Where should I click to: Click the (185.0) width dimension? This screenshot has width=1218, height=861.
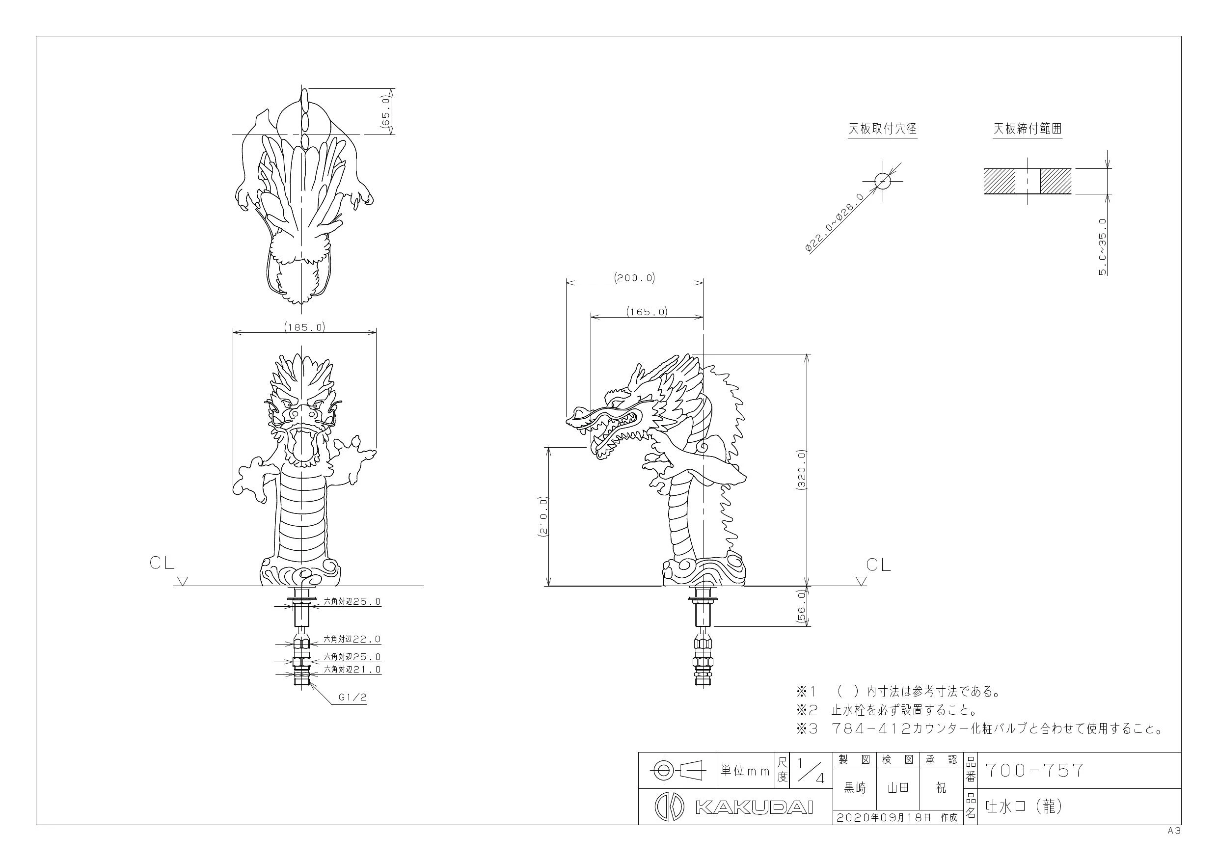point(304,327)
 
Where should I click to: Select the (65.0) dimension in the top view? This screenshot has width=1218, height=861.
point(386,111)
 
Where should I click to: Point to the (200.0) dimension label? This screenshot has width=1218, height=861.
point(634,277)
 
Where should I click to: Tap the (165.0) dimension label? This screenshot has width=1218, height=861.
point(647,311)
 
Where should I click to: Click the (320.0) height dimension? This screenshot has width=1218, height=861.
point(801,469)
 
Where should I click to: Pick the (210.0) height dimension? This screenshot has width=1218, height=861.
point(542,517)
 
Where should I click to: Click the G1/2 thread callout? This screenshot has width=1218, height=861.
point(353,698)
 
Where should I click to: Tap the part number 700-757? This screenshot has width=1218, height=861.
point(1034,770)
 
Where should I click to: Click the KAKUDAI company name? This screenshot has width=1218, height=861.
point(754,807)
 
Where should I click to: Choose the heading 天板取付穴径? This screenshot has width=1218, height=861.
point(883,129)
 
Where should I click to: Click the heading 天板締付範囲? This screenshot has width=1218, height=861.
point(1028,129)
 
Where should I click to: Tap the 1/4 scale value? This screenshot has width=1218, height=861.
point(811,770)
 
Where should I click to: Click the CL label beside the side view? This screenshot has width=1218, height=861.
point(878,565)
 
